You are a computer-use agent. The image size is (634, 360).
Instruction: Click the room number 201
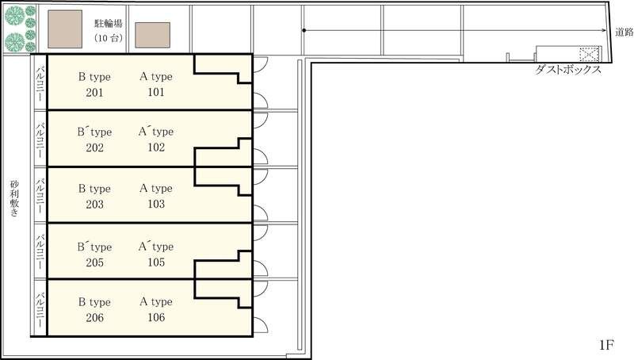coord(94,93)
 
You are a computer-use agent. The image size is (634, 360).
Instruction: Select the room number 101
coord(156,92)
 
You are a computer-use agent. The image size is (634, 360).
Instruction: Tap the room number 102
coord(156,147)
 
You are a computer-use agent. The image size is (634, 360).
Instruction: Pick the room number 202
coord(94,147)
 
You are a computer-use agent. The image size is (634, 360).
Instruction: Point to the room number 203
coord(94,205)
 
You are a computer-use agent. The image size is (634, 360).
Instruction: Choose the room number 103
coord(156,204)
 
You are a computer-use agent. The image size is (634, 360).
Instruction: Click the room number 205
coord(94,262)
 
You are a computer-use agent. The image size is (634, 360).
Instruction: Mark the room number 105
coord(156,262)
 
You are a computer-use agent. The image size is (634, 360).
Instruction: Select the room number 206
coord(94,317)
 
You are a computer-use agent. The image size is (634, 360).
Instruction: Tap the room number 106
coord(156,317)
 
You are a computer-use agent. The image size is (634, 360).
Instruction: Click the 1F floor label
coord(606,345)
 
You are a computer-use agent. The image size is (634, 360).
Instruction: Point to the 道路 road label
coord(624,32)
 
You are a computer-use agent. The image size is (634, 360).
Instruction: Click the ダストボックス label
coord(568,70)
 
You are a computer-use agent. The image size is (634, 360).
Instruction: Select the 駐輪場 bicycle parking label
coord(109,24)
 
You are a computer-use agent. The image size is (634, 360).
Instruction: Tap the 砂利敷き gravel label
coord(14,198)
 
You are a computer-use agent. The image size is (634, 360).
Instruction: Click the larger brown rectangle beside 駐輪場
coord(65,29)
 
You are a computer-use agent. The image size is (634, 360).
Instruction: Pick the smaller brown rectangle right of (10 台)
coord(152,35)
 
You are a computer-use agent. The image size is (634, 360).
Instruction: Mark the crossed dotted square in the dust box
coord(588,54)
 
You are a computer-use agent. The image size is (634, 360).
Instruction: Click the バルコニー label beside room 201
coord(40,83)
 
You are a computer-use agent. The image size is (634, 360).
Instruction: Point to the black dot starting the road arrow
coord(304,30)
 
